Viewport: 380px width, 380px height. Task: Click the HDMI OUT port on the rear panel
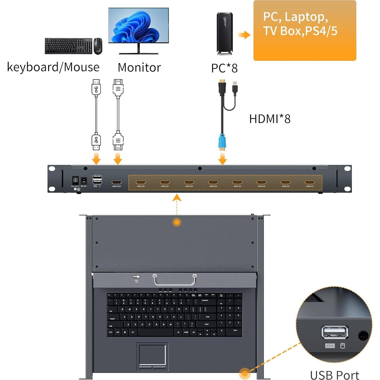tap(116, 182)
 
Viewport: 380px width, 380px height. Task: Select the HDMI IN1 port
tap(310, 182)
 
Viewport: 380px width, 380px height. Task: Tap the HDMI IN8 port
tap(141, 182)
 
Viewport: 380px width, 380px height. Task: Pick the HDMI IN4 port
tap(237, 182)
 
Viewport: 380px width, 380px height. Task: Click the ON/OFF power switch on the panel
tap(75, 180)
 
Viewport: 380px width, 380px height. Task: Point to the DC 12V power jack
tap(84, 180)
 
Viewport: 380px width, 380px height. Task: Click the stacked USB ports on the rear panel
tap(97, 180)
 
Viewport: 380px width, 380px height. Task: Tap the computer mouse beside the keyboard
tap(98, 46)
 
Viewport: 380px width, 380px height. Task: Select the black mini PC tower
tap(225, 34)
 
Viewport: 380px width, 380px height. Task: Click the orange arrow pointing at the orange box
tap(244, 35)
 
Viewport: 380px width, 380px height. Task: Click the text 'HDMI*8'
tap(270, 119)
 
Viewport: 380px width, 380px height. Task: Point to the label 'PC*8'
tap(224, 68)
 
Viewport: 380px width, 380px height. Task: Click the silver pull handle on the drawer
tap(175, 280)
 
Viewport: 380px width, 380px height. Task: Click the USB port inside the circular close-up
tap(335, 332)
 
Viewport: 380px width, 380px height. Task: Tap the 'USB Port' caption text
tap(335, 375)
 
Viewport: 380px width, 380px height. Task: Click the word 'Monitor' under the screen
tap(139, 68)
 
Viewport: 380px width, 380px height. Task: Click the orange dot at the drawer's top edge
tap(177, 222)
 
